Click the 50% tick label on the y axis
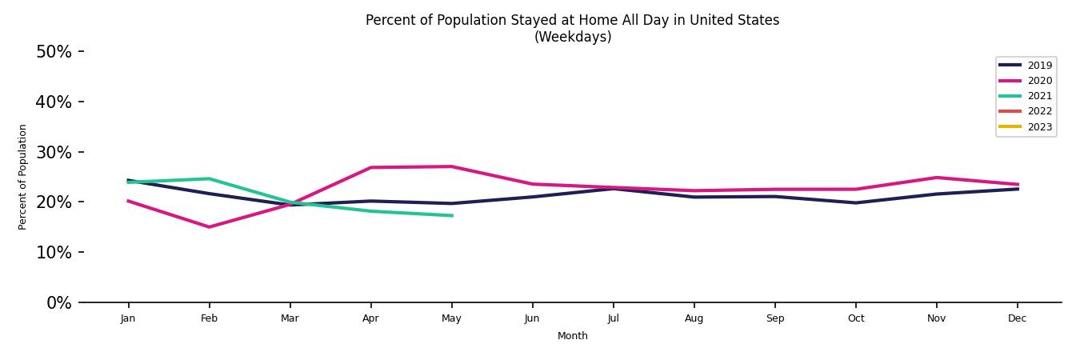tap(54, 52)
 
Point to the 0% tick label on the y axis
tap(58, 303)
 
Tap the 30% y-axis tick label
tap(54, 153)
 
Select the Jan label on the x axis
tap(128, 318)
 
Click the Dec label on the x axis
tap(1017, 318)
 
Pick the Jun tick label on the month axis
tap(532, 318)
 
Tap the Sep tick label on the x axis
tap(774, 318)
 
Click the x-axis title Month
tap(572, 337)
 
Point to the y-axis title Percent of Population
tap(23, 177)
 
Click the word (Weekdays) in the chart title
tap(572, 38)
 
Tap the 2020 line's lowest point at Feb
tap(209, 227)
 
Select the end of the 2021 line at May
tap(452, 215)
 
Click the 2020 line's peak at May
tap(452, 166)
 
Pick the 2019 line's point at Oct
tap(855, 202)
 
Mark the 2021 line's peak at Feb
tap(209, 178)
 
